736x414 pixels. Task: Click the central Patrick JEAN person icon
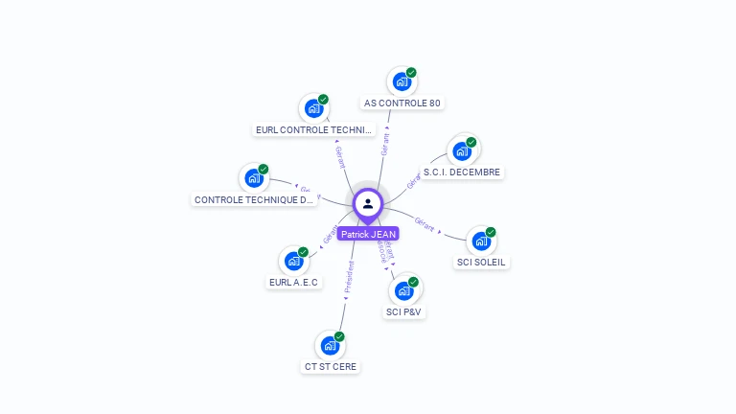(368, 203)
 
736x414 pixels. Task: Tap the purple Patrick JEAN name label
(368, 234)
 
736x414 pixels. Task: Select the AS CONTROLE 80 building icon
(402, 81)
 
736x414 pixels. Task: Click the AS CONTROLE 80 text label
(402, 103)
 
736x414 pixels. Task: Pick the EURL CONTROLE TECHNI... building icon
(313, 108)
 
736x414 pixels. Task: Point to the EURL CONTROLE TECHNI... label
(313, 129)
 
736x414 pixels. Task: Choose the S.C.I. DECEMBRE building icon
(462, 151)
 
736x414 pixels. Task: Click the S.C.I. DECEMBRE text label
(462, 172)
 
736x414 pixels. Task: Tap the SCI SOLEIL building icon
(481, 241)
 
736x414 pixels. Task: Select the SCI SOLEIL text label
(481, 263)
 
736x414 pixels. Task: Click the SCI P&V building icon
(403, 290)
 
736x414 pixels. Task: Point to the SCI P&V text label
(403, 311)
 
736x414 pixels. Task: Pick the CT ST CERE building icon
(330, 345)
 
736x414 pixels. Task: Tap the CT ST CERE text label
(331, 366)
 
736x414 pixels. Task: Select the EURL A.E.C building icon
(293, 261)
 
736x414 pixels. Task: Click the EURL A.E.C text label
(293, 282)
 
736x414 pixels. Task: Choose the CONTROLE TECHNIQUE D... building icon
(254, 178)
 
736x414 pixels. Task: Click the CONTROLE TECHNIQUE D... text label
(254, 200)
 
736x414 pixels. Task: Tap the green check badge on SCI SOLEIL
(491, 232)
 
